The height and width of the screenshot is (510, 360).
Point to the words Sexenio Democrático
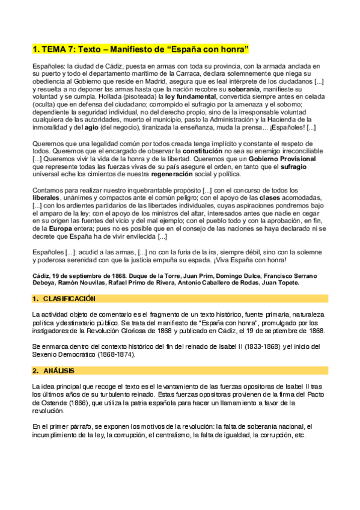click(64, 354)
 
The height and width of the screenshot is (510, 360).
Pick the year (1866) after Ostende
click(78, 402)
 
